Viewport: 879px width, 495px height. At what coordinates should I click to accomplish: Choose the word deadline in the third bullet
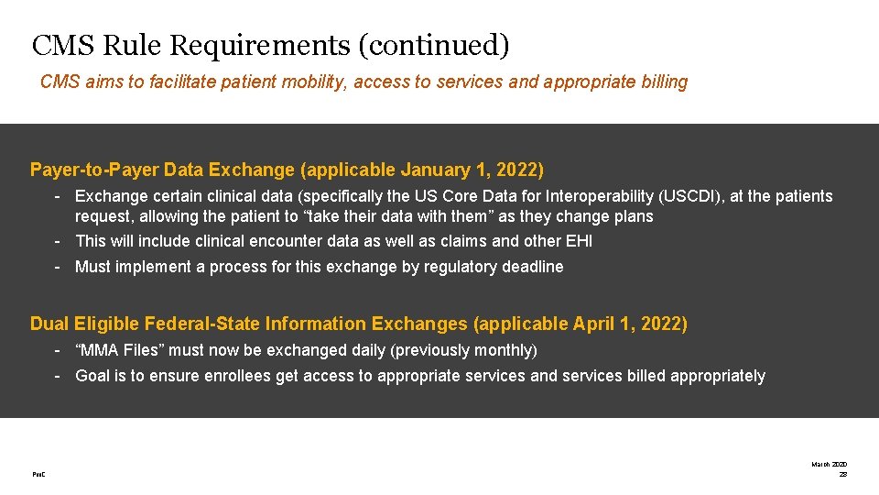532,267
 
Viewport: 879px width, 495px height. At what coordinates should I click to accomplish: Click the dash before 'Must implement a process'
57,267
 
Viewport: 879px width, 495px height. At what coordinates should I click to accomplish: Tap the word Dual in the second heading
49,324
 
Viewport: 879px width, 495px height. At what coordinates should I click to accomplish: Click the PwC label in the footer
38,474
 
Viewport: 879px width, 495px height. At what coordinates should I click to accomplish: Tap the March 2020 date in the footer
829,465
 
